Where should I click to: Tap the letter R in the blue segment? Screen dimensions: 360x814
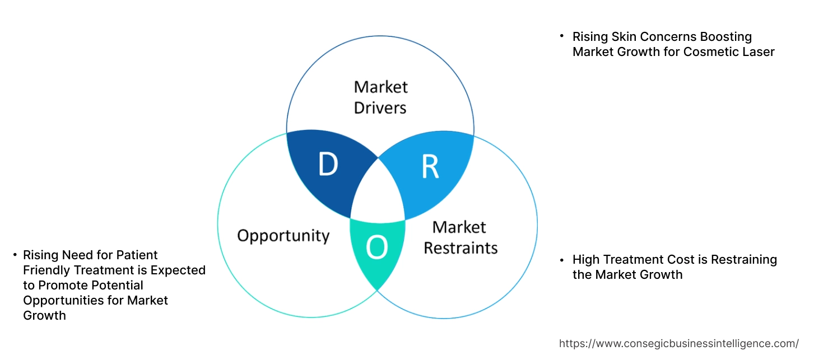[x=430, y=167]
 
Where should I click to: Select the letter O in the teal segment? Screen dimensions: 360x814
[x=376, y=248]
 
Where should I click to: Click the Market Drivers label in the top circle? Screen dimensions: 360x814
[x=380, y=97]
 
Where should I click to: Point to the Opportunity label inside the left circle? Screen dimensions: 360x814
[x=283, y=235]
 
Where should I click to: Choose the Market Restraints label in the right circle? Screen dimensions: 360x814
[x=460, y=237]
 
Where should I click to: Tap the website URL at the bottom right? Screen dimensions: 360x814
[x=679, y=343]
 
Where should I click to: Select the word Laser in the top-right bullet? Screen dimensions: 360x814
[x=759, y=52]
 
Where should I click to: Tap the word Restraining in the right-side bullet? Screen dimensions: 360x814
[x=741, y=260]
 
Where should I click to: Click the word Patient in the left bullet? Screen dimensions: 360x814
[x=138, y=255]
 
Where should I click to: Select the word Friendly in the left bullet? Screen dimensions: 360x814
[x=46, y=270]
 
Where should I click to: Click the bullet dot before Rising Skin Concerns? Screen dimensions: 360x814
[x=562, y=36]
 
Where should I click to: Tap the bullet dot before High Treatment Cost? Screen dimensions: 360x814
[x=562, y=259]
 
